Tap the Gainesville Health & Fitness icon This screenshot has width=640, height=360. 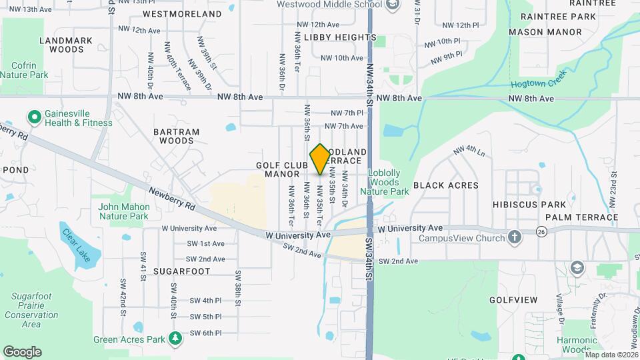pyautogui.click(x=34, y=117)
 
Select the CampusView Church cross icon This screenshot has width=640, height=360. pyautogui.click(x=514, y=237)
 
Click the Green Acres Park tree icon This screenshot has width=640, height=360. pyautogui.click(x=175, y=339)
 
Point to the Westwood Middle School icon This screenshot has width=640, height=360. pyautogui.click(x=393, y=5)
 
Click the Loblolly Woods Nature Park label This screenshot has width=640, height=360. pyautogui.click(x=385, y=182)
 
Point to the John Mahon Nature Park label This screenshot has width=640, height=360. pyautogui.click(x=123, y=211)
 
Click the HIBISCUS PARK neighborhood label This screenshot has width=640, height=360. pyautogui.click(x=529, y=204)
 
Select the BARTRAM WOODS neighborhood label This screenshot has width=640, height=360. pyautogui.click(x=177, y=136)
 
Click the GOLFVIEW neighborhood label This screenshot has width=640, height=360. pyautogui.click(x=513, y=300)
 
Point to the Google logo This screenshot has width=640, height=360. pyautogui.click(x=22, y=352)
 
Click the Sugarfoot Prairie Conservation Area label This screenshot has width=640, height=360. pyautogui.click(x=31, y=309)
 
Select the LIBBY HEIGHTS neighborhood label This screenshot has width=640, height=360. pyautogui.click(x=335, y=37)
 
